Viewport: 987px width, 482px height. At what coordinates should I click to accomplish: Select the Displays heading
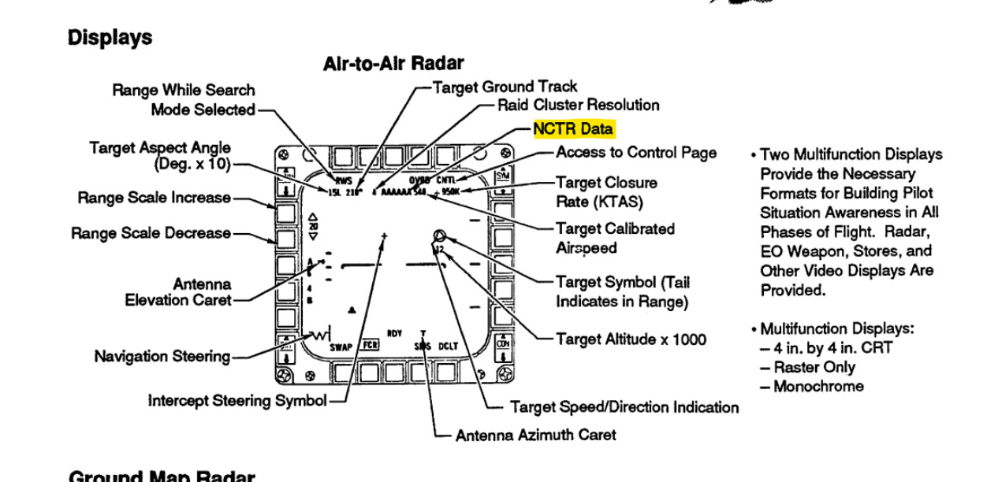click(x=110, y=37)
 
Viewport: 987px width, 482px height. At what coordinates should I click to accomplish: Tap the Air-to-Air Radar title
click(x=393, y=64)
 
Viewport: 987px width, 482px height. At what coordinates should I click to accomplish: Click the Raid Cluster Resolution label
click(x=578, y=105)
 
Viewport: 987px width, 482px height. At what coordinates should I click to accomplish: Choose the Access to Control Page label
click(x=636, y=152)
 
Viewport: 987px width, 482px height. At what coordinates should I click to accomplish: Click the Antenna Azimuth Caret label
click(x=535, y=435)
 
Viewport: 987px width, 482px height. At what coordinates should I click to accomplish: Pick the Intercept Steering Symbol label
click(x=237, y=401)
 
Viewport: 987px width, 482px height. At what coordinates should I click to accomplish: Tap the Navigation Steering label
click(x=162, y=357)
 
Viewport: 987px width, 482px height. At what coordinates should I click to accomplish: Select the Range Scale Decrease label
click(x=151, y=233)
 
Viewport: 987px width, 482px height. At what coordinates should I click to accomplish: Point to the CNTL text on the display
click(x=447, y=180)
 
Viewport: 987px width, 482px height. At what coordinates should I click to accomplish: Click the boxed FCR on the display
click(x=369, y=345)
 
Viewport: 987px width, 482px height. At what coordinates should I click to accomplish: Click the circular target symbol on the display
click(x=440, y=235)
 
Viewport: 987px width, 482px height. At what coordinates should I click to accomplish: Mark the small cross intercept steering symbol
click(x=384, y=235)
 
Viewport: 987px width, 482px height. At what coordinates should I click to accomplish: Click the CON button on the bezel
click(x=501, y=343)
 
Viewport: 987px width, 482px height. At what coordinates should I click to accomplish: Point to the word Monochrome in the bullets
click(x=818, y=387)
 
